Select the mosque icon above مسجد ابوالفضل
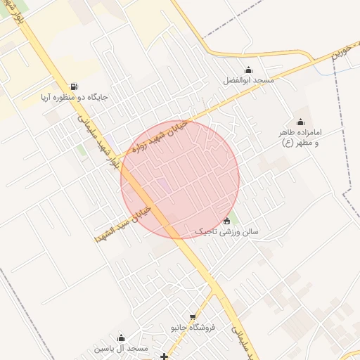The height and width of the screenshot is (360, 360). pyautogui.click(x=248, y=70)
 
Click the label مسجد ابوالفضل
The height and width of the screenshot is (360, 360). pyautogui.click(x=249, y=81)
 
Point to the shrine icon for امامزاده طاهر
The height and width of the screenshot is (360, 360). pyautogui.click(x=301, y=122)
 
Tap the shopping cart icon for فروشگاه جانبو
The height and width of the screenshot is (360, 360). pyautogui.click(x=193, y=317)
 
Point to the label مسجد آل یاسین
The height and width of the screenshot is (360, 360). pyautogui.click(x=121, y=349)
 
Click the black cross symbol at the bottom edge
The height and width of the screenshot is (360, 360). pyautogui.click(x=165, y=356)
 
